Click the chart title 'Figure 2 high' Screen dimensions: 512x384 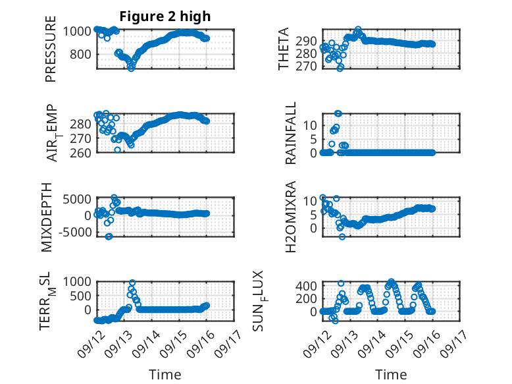click(165, 16)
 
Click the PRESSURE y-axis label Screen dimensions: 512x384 click(51, 49)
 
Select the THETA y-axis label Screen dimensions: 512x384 click(284, 49)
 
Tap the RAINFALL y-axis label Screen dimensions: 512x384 click(290, 133)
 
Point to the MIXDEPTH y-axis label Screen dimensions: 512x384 click(47, 217)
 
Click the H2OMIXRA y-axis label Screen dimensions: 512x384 click(290, 217)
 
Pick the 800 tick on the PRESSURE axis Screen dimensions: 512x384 click(80, 54)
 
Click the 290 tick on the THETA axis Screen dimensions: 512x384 click(306, 41)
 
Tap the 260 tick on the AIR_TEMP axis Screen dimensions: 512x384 click(80, 153)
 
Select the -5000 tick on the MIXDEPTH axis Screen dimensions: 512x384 click(76, 232)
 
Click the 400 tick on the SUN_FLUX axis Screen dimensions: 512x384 click(306, 286)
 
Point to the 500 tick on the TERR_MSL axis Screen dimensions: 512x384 click(80, 296)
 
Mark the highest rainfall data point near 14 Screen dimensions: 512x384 click(338, 113)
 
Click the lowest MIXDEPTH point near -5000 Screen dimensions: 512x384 click(109, 236)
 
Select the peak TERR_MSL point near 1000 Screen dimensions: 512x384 click(132, 283)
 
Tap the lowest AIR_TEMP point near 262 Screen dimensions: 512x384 click(118, 150)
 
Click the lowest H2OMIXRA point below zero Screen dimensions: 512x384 click(342, 236)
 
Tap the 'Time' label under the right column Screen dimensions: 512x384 click(391, 374)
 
